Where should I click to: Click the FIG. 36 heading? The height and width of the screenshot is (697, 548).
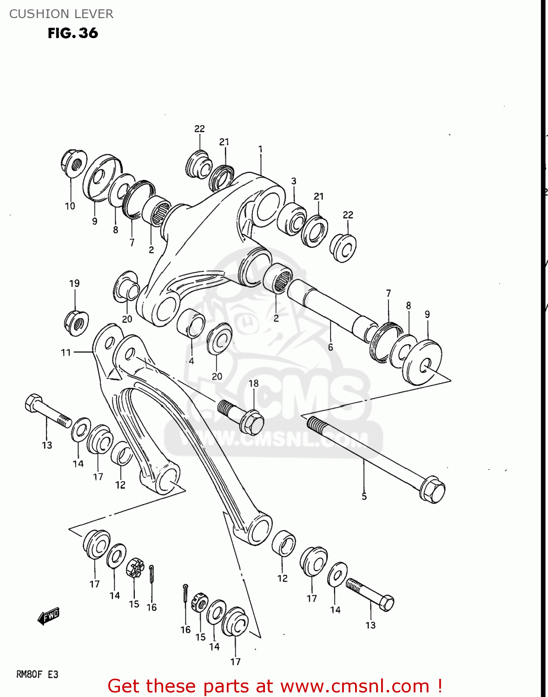coord(73,33)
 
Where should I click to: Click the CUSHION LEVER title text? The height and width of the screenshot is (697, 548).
coord(61,14)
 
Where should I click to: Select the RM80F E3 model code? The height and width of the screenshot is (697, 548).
coord(37,674)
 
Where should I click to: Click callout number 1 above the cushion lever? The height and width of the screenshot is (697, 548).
coord(260,150)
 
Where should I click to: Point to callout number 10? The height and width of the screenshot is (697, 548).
coord(70,206)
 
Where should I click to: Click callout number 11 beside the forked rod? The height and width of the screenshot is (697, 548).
coord(66,353)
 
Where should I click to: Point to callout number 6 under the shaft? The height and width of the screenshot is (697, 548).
coord(330,347)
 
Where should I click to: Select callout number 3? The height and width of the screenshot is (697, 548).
coord(294,181)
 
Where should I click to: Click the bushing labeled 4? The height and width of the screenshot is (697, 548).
coord(191,322)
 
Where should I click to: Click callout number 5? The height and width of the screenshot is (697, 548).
coord(364,497)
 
